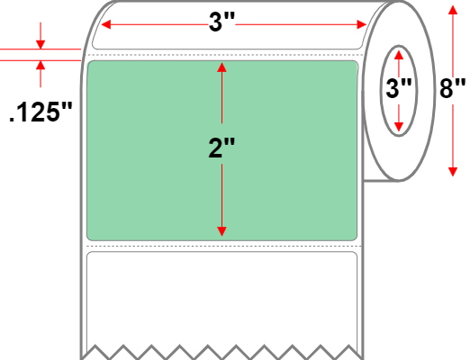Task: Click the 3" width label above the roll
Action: click(221, 22)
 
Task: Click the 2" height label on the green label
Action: click(221, 148)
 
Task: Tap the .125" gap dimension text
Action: click(41, 112)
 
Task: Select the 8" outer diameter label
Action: click(453, 88)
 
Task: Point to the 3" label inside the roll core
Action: click(399, 89)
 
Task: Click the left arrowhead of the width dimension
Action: click(106, 24)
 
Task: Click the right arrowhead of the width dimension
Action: click(362, 24)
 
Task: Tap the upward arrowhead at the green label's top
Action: click(221, 67)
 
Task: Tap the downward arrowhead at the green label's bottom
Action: click(221, 231)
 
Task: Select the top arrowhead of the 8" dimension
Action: click(453, 10)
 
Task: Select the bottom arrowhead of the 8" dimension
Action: click(453, 172)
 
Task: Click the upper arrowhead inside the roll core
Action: click(399, 55)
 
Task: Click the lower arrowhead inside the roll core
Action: click(399, 127)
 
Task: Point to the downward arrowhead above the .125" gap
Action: click(41, 44)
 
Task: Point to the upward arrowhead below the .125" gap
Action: click(41, 65)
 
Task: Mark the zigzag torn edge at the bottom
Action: click(222, 352)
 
